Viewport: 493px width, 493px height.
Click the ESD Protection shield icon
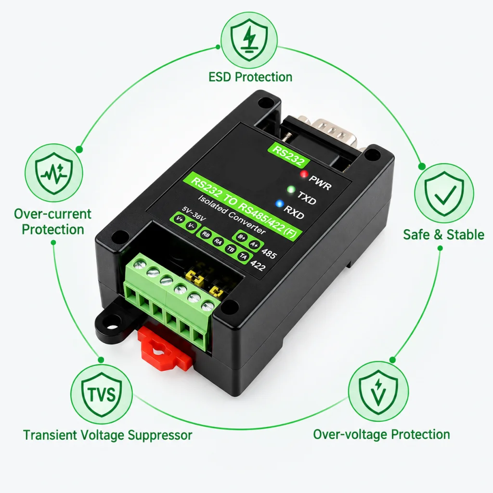[x=249, y=39]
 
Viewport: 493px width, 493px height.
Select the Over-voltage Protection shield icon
[x=378, y=391]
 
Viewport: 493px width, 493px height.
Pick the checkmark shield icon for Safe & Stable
[x=444, y=193]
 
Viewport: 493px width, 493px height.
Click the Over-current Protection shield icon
[x=54, y=173]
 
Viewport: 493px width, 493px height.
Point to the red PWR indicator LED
[x=304, y=173]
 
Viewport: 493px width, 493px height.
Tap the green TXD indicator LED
[x=291, y=189]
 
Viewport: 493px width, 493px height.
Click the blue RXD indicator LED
[x=279, y=204]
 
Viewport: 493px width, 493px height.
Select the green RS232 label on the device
[x=288, y=155]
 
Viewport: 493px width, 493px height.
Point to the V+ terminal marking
[x=180, y=219]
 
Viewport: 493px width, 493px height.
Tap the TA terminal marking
[x=243, y=257]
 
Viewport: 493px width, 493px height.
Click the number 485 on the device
[x=269, y=253]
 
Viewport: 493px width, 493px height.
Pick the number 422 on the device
[x=258, y=266]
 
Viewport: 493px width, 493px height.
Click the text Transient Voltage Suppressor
[x=107, y=435]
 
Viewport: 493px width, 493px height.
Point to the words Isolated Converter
[x=232, y=214]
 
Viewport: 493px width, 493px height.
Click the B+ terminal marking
[x=242, y=237]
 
